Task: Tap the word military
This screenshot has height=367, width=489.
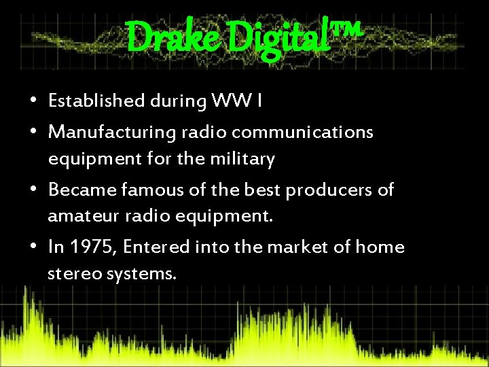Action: (242, 159)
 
